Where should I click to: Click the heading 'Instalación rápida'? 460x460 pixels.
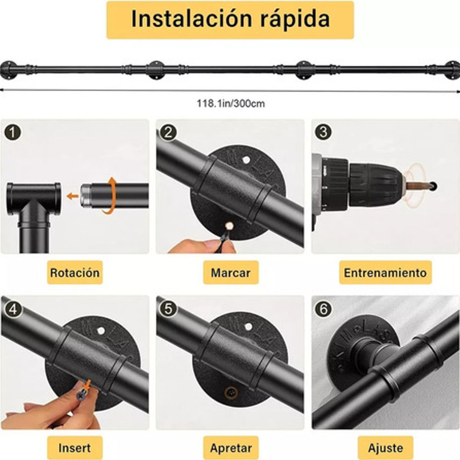(x=230, y=20)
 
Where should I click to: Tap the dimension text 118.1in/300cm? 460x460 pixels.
(x=230, y=103)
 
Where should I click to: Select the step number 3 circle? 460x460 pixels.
(x=323, y=132)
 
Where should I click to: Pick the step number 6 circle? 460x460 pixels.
(x=323, y=309)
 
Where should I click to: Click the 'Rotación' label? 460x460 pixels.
(x=75, y=273)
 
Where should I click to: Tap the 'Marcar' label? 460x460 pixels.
(x=230, y=273)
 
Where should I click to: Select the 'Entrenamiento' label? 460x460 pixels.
(x=385, y=273)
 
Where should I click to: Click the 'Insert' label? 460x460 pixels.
(x=75, y=448)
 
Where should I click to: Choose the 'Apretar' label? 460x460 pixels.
(x=231, y=448)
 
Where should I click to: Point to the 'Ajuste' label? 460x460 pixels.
(x=385, y=448)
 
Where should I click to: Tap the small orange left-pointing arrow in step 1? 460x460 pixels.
(x=72, y=196)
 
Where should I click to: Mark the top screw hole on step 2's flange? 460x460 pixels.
(x=246, y=158)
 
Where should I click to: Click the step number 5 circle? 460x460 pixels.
(x=168, y=309)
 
